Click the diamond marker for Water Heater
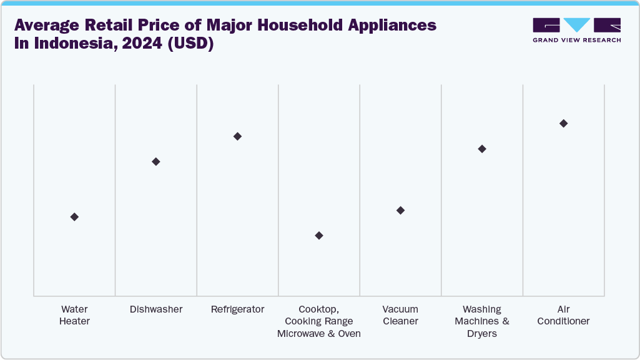[74, 216]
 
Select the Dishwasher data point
[156, 162]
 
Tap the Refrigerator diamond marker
[237, 136]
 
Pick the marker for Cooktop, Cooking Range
[319, 235]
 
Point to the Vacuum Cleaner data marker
[400, 210]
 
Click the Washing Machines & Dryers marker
[482, 148]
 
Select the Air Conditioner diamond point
[563, 124]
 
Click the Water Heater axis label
[74, 315]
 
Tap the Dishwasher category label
[156, 309]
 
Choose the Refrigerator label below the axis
[237, 309]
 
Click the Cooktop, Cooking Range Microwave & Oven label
[319, 321]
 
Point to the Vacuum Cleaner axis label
[400, 315]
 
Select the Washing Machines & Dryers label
[482, 321]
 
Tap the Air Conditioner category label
[563, 315]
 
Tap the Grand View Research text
[576, 40]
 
